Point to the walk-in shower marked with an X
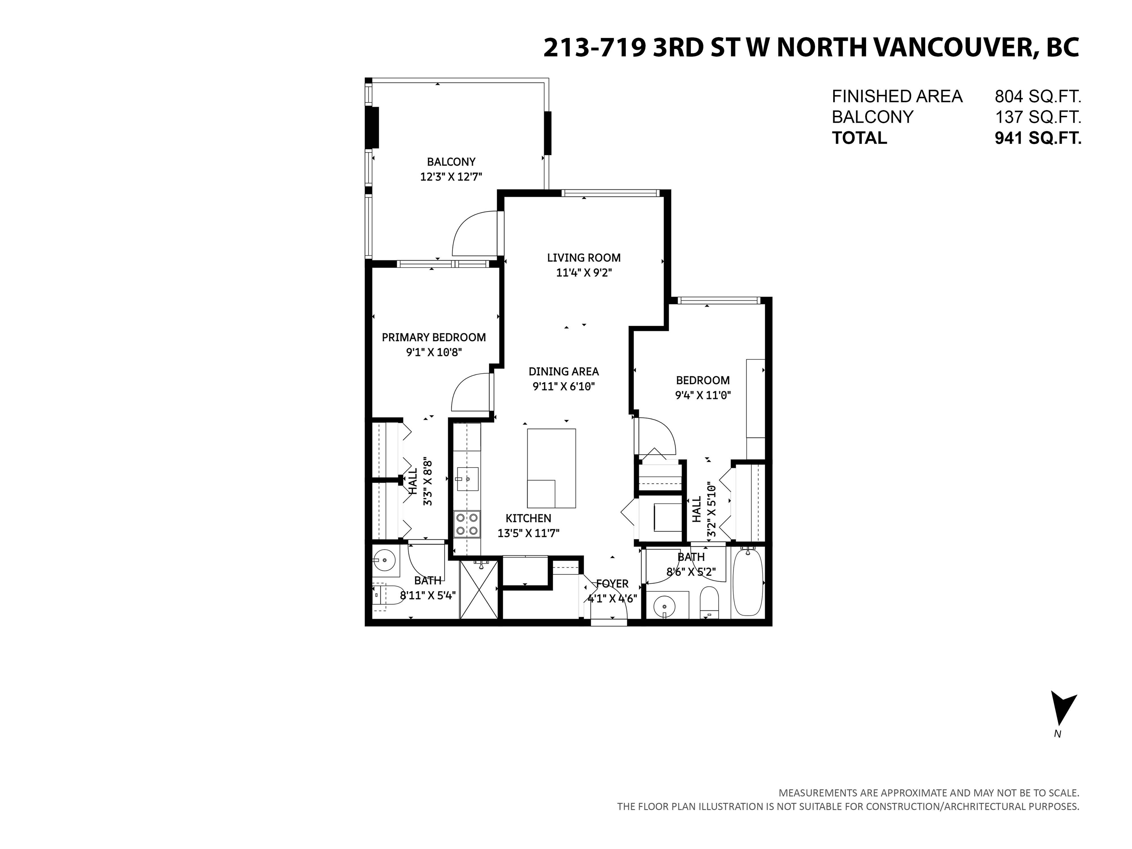coord(479,590)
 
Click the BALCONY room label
coord(451,162)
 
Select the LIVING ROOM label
coord(584,258)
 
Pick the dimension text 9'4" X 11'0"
coord(703,395)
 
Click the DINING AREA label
coord(563,371)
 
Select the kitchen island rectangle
coord(551,468)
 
